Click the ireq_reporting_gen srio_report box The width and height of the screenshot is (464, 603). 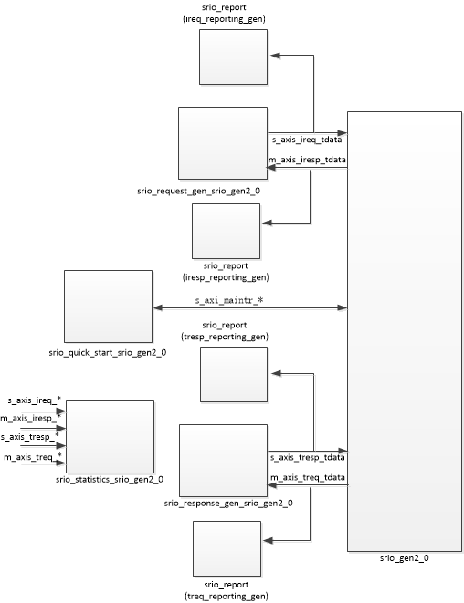click(x=234, y=57)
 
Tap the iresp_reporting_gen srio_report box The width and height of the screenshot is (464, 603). click(x=227, y=231)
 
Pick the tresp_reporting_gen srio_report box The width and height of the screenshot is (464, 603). click(x=234, y=374)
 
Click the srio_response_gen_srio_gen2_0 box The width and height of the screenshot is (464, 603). click(x=222, y=459)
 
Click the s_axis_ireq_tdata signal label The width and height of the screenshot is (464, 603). click(x=308, y=140)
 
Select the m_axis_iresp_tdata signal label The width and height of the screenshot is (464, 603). click(x=307, y=161)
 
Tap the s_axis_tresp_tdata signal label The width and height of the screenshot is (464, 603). click(x=307, y=456)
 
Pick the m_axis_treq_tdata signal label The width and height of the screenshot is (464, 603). click(x=307, y=477)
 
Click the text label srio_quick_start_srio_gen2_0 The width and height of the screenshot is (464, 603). click(x=108, y=351)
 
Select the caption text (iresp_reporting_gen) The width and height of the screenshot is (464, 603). click(x=227, y=276)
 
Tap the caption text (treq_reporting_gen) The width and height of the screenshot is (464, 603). click(x=227, y=595)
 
